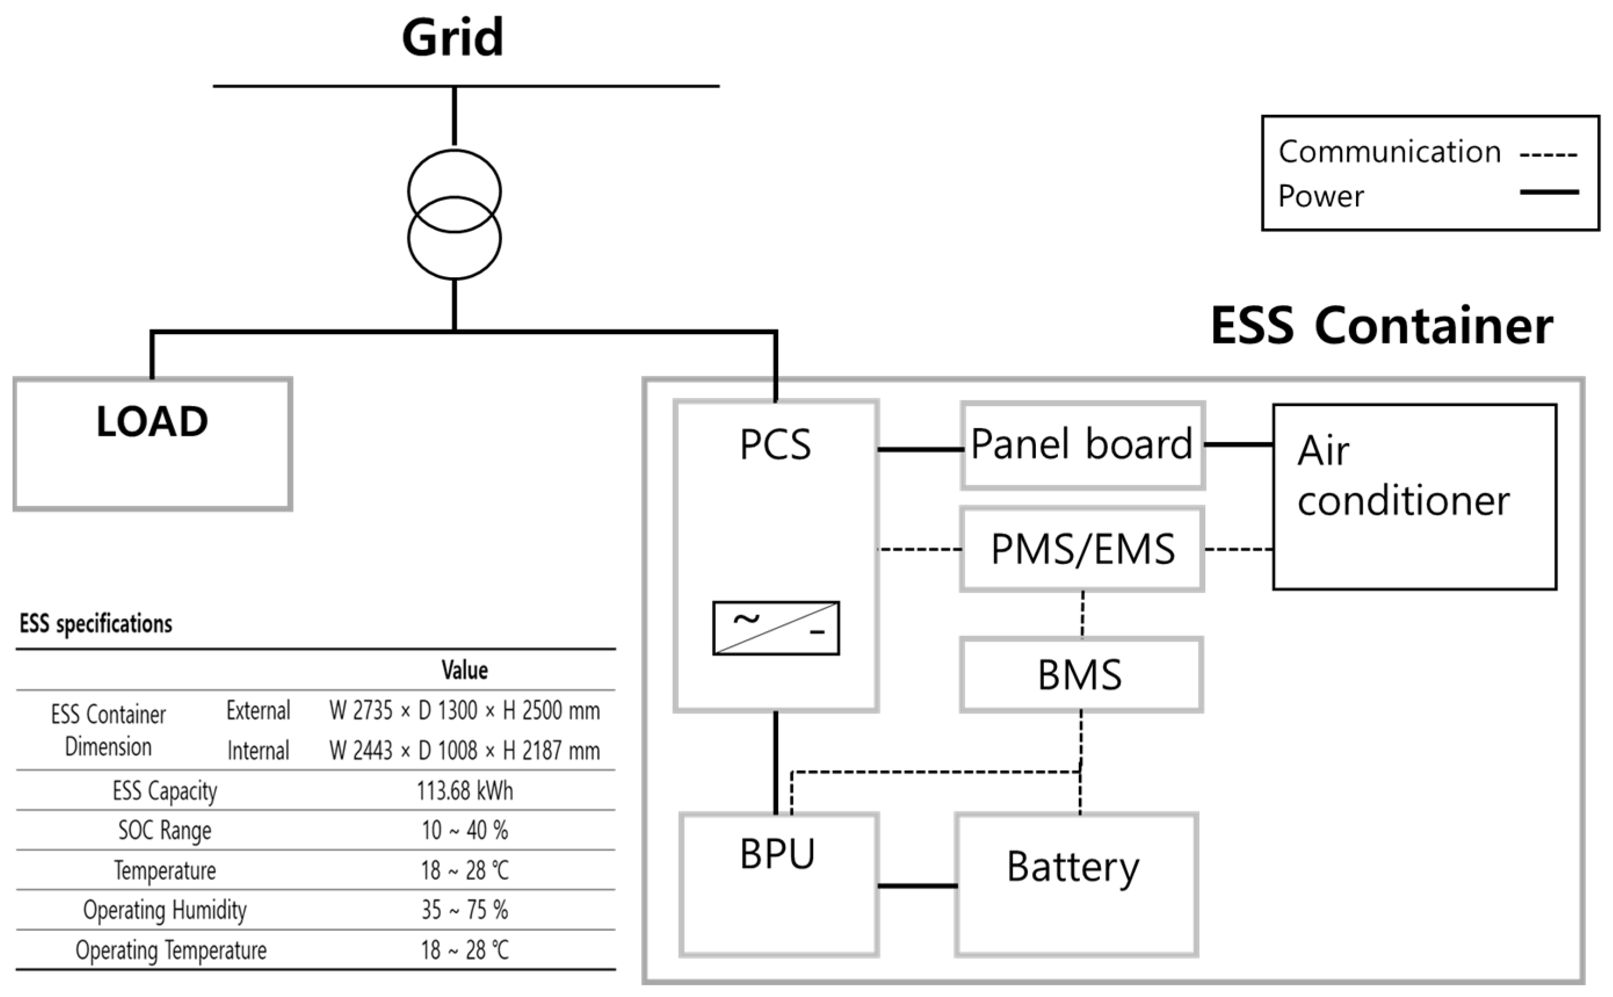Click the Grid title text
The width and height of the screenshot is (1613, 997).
click(452, 38)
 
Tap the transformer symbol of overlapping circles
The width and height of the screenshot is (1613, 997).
click(454, 214)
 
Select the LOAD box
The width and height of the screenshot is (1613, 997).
click(153, 444)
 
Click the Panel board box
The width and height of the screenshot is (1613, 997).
click(1082, 445)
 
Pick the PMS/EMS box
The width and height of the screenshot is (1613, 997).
click(1082, 549)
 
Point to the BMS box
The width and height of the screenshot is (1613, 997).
click(1081, 675)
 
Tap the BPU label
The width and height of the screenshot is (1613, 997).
click(777, 854)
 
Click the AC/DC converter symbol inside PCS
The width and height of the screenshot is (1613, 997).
click(775, 628)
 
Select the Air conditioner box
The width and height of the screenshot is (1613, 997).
click(1415, 496)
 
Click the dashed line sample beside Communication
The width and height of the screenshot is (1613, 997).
click(1549, 155)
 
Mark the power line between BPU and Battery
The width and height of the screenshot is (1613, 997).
click(918, 886)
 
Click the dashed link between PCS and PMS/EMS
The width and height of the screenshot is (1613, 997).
click(919, 549)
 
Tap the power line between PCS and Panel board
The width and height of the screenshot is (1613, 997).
click(920, 449)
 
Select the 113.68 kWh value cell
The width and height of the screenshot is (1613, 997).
click(464, 791)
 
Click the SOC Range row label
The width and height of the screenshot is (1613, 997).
click(165, 830)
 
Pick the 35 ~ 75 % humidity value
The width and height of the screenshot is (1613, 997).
click(464, 910)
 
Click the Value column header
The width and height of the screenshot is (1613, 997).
click(464, 670)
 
